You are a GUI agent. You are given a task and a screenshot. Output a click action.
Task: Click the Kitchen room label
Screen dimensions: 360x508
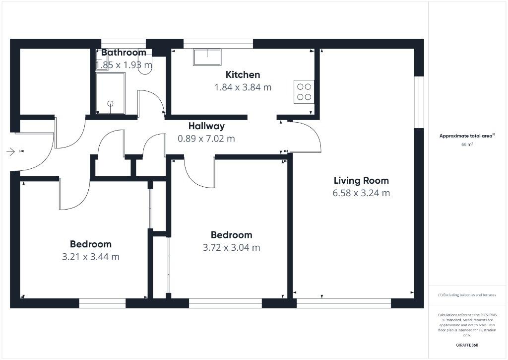click(x=243, y=75)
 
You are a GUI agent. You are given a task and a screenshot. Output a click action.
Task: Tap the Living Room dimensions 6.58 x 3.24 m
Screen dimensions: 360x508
click(x=361, y=193)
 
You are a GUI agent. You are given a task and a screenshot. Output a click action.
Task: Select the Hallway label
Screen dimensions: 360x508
click(x=206, y=126)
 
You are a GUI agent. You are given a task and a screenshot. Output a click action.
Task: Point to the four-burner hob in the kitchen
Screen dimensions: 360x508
click(x=304, y=91)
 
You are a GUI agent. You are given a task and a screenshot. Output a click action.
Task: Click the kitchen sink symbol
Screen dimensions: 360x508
click(x=207, y=58)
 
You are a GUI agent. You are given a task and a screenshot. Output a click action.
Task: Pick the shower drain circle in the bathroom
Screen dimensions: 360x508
click(x=110, y=103)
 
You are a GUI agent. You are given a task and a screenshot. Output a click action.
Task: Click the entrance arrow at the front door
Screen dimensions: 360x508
click(x=11, y=152)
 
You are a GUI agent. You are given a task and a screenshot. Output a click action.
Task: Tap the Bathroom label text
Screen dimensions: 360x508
click(x=124, y=53)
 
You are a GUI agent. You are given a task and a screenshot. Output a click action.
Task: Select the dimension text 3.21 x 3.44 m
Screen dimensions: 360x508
click(x=91, y=257)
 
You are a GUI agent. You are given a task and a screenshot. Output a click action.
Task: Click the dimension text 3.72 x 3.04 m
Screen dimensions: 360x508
click(x=231, y=247)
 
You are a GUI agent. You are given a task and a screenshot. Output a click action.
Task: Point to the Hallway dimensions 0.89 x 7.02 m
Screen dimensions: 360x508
click(x=206, y=139)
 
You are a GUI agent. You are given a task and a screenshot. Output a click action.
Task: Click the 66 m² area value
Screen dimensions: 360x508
click(x=466, y=144)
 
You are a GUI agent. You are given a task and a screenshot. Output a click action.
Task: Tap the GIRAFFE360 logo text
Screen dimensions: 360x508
click(x=466, y=345)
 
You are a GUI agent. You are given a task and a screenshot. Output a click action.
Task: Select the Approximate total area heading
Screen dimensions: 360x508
click(x=466, y=136)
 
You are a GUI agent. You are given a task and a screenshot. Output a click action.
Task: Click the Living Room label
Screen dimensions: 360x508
click(x=361, y=181)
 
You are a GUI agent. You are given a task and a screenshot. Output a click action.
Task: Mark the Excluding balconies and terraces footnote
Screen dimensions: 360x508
click(x=466, y=295)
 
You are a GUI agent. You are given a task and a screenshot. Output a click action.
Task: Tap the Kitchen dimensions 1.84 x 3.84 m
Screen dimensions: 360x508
click(x=243, y=87)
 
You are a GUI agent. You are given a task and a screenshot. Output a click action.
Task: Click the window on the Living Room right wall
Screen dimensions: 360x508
click(x=419, y=102)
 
